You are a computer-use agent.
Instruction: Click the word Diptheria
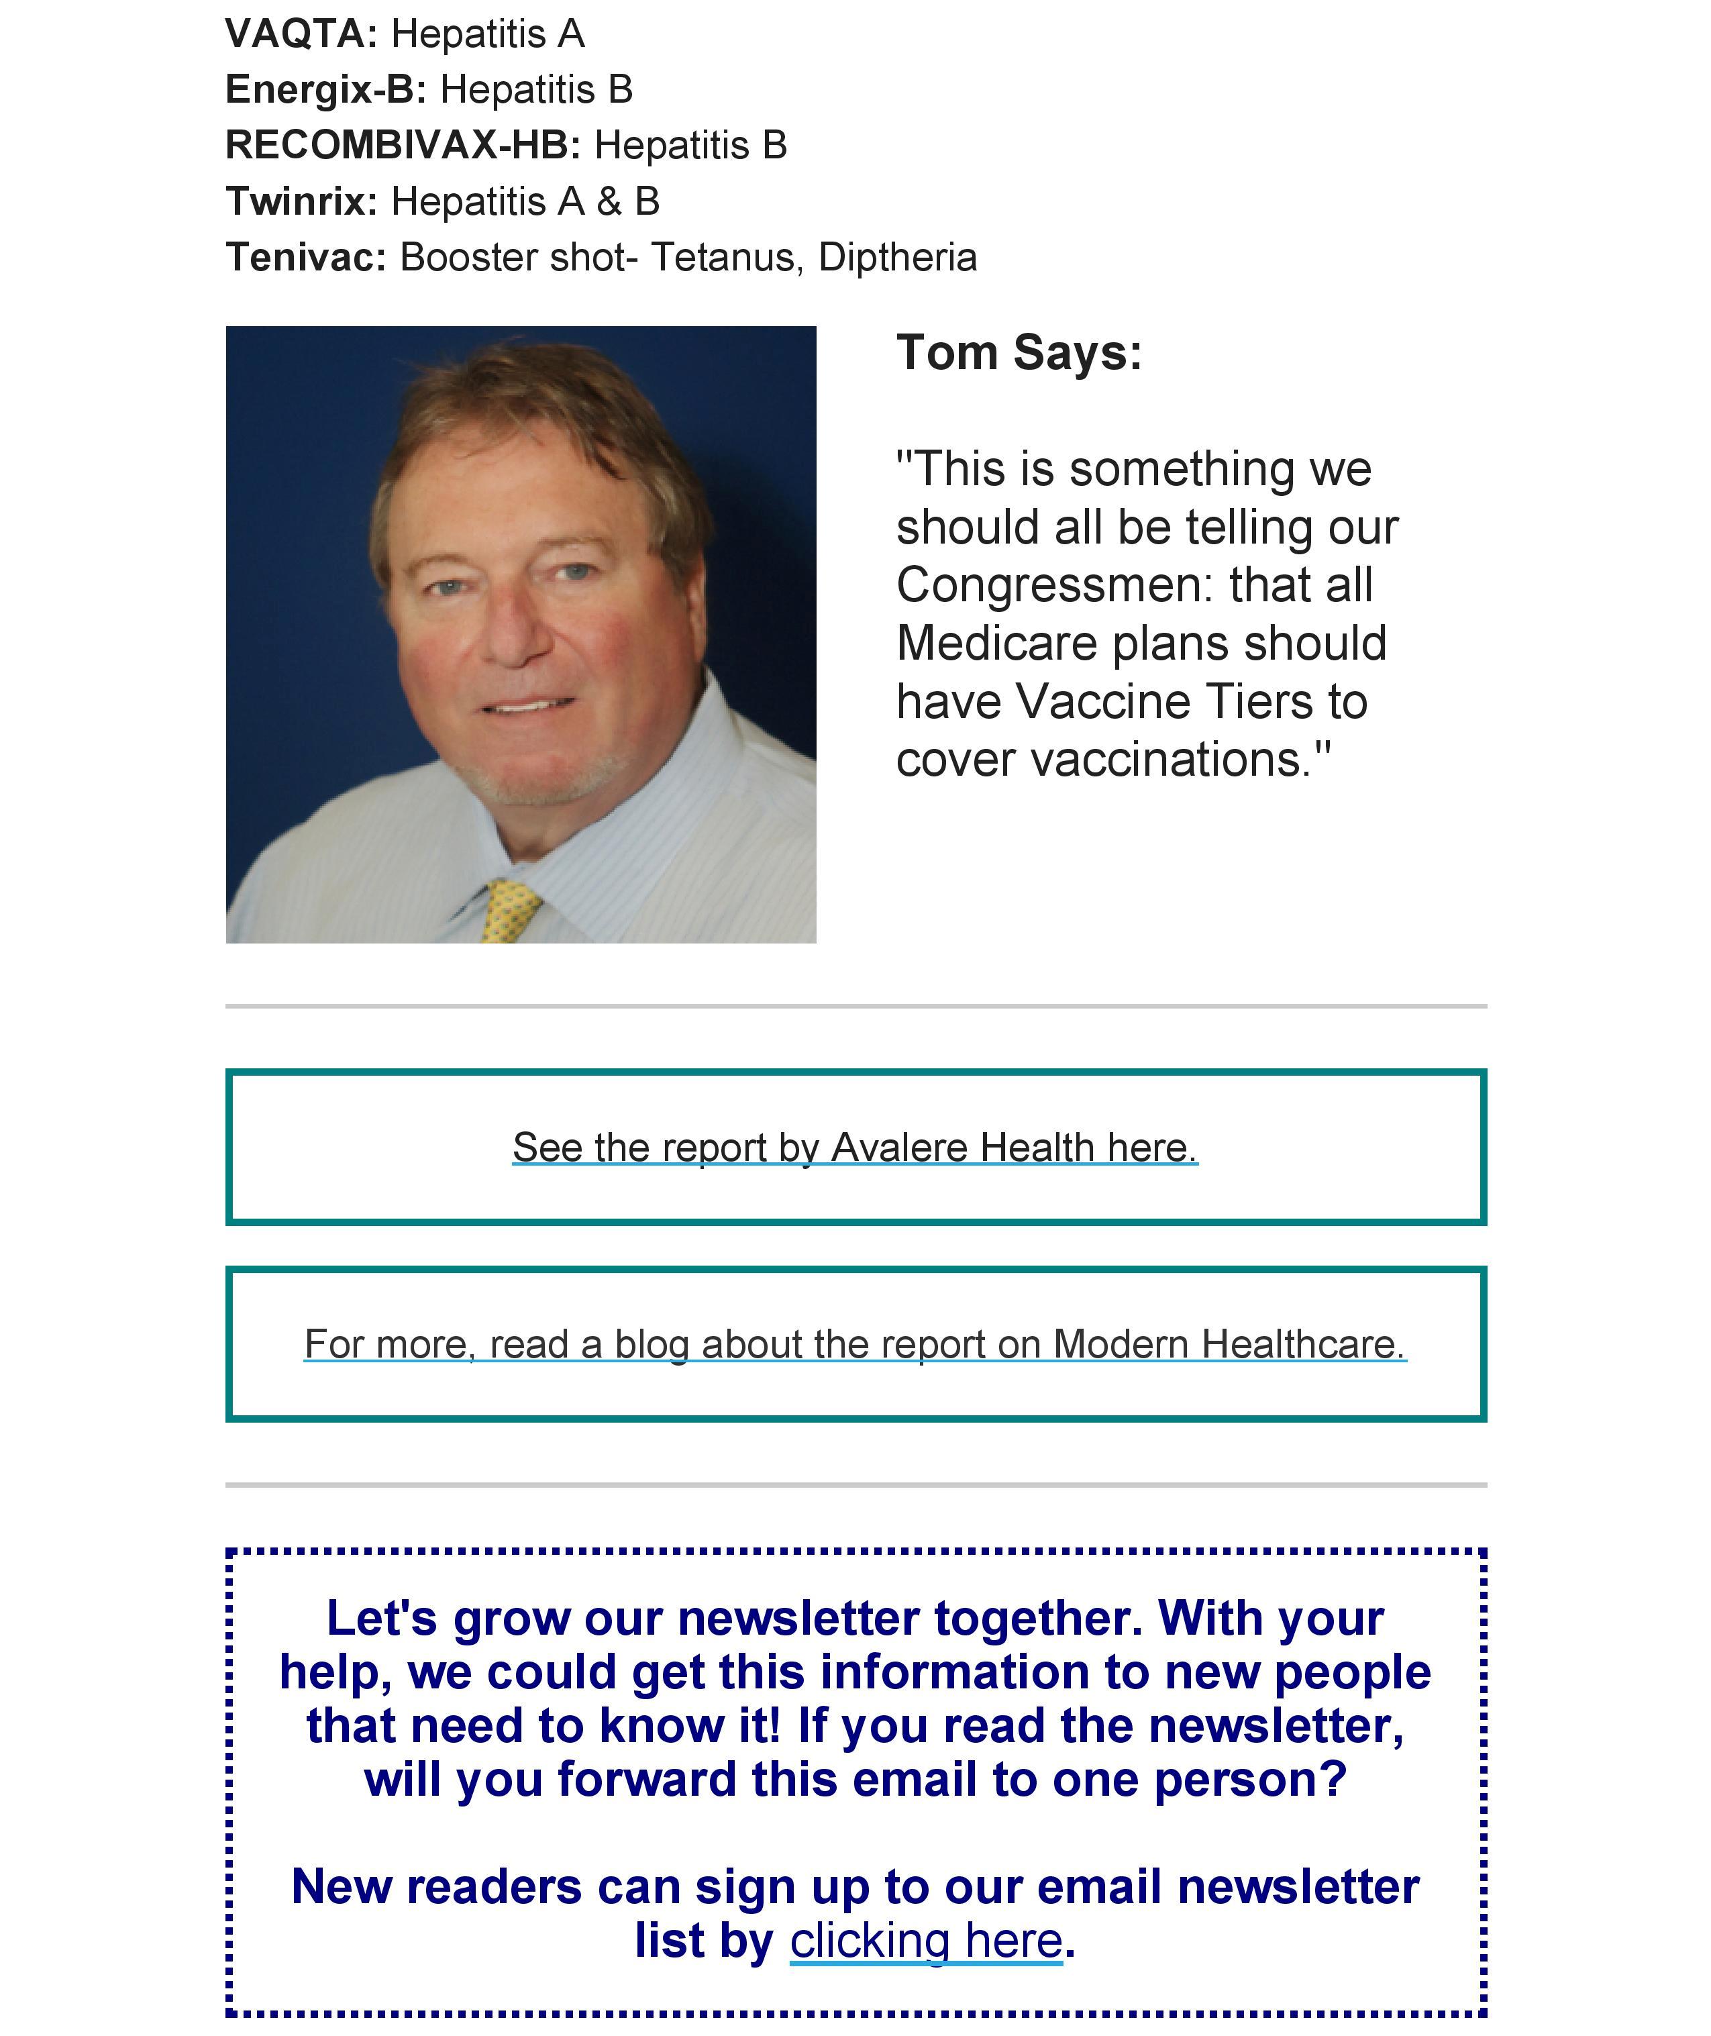(x=897, y=258)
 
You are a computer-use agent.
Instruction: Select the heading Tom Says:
(x=1019, y=352)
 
